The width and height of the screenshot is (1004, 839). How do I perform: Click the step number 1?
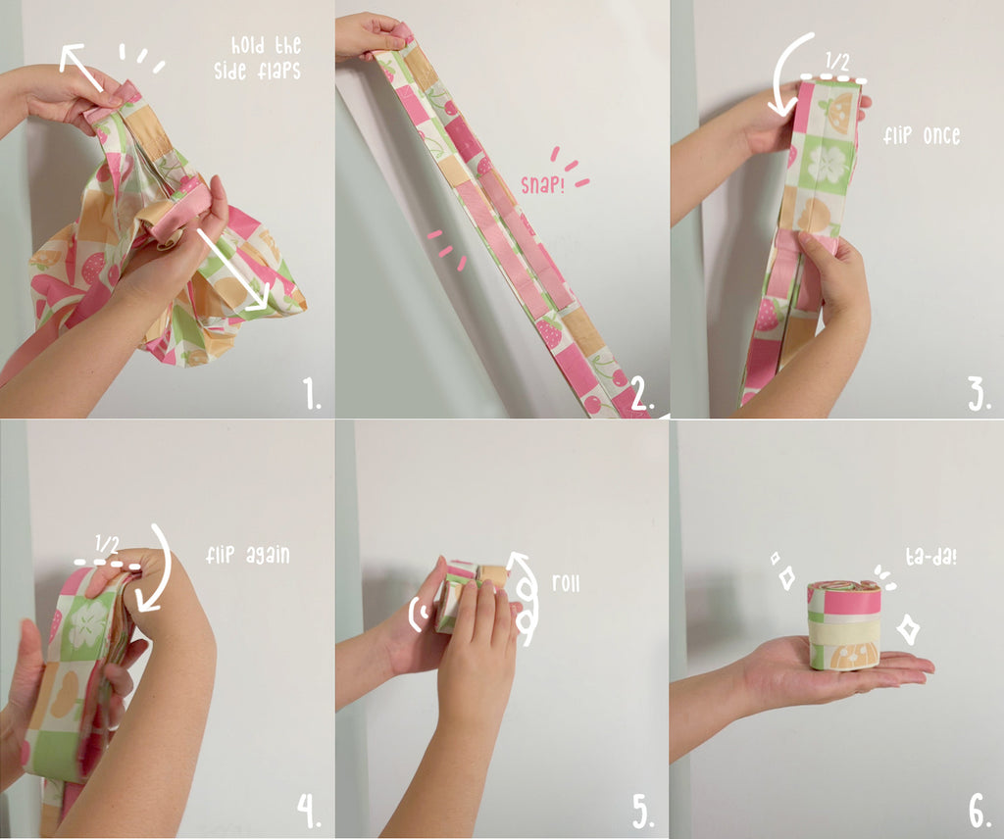pos(313,395)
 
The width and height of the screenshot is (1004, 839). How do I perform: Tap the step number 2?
pos(642,395)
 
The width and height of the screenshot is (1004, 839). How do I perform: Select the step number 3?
pos(979,395)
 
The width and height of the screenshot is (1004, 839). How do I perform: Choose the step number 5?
pos(643,812)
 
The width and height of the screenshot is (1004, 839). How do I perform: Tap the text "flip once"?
pos(921,135)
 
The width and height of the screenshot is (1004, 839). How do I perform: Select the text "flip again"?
pos(248,556)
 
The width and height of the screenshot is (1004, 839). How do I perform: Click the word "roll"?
pos(566,583)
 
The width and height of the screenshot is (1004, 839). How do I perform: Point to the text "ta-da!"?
pos(930,558)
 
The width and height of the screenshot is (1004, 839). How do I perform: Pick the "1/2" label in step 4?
pos(109,545)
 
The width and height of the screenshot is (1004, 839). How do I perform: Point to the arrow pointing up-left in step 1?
pos(80,66)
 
